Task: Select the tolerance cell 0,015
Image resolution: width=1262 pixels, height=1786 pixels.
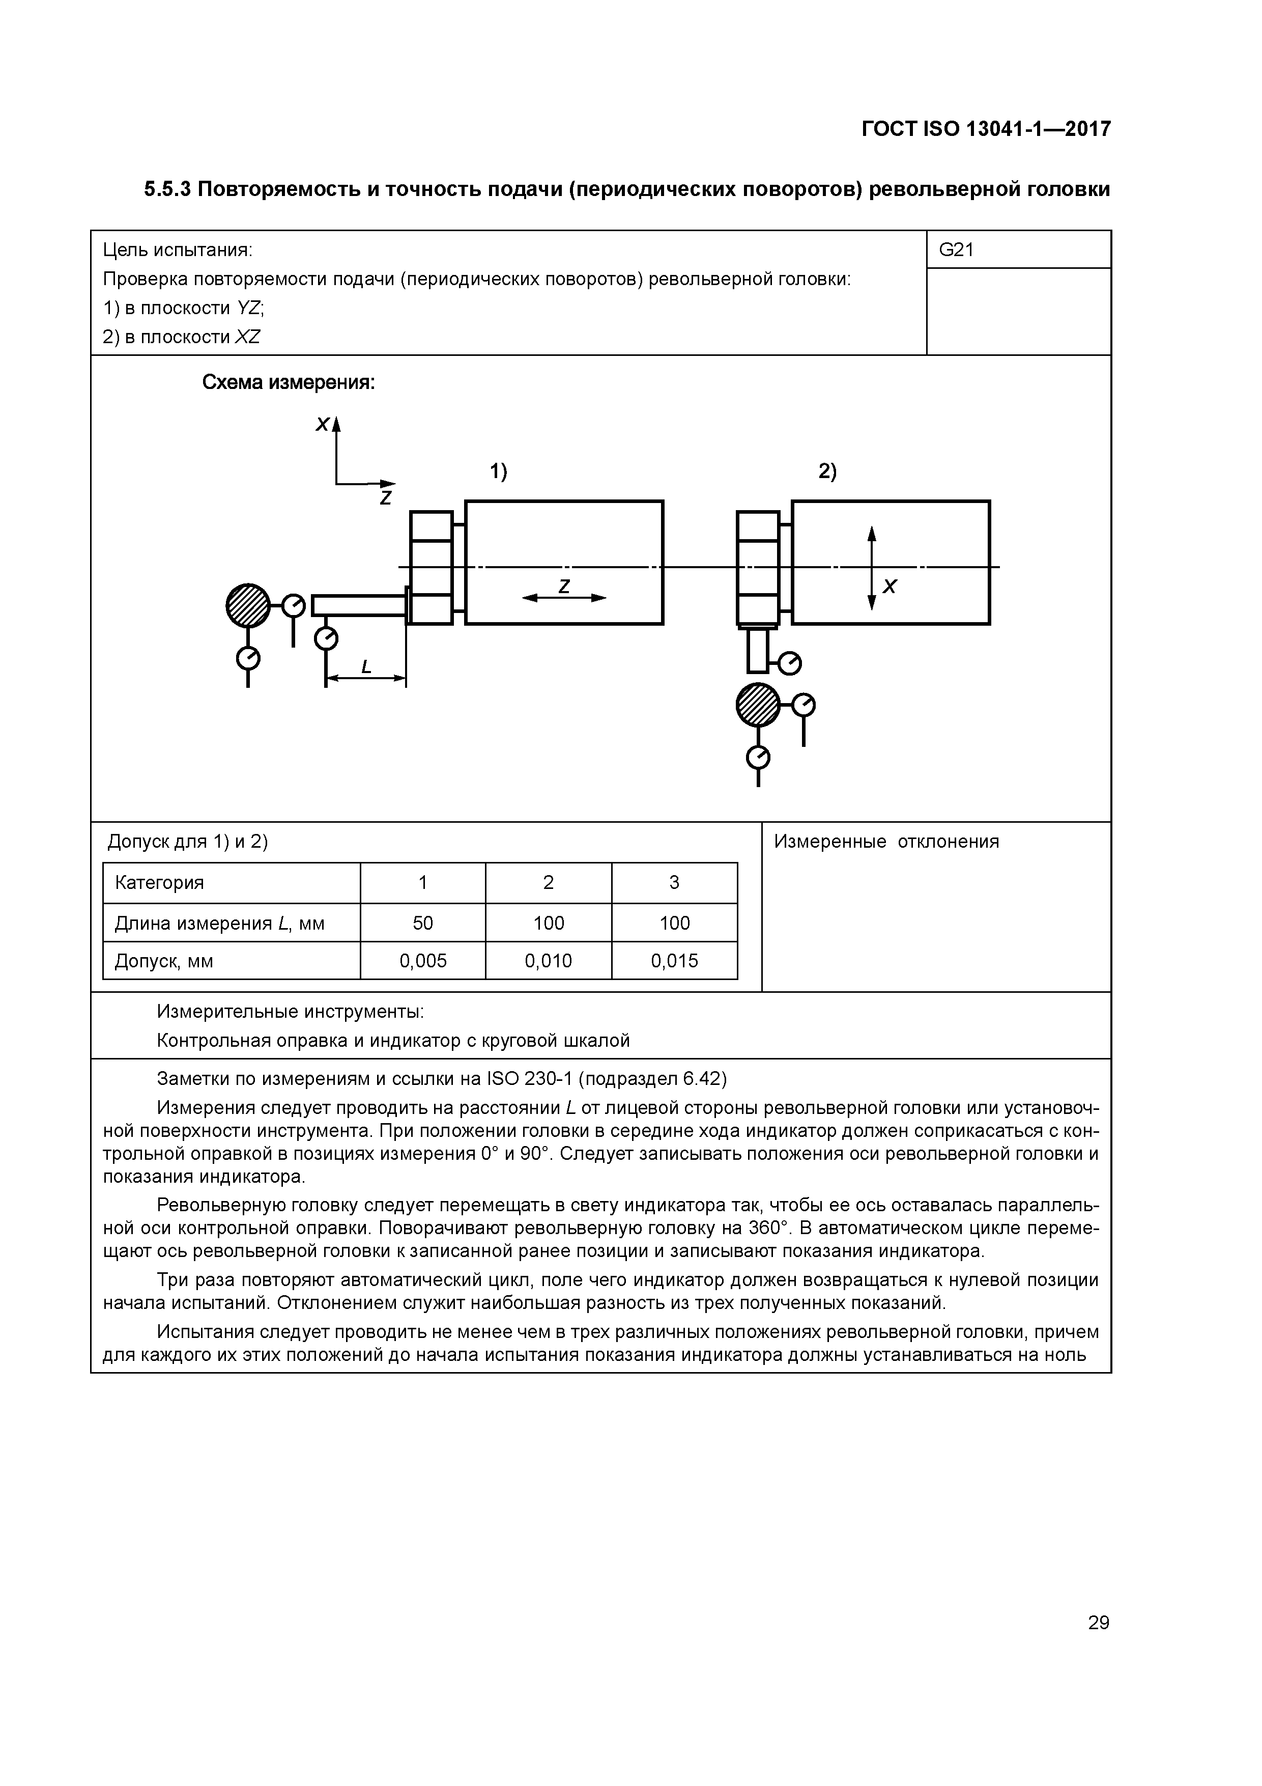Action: pyautogui.click(x=674, y=961)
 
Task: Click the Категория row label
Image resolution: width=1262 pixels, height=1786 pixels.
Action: pyautogui.click(x=159, y=883)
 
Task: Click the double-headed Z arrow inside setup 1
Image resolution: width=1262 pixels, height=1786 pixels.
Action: pyautogui.click(x=564, y=597)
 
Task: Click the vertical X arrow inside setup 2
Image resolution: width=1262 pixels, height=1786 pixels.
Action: pyautogui.click(x=872, y=568)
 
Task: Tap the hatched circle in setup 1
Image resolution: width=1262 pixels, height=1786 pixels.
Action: pyautogui.click(x=248, y=605)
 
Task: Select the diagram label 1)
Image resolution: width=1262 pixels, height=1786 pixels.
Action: pyautogui.click(x=498, y=471)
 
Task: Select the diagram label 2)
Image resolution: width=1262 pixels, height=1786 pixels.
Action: pyautogui.click(x=827, y=471)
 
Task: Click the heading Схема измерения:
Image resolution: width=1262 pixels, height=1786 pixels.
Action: pyautogui.click(x=289, y=383)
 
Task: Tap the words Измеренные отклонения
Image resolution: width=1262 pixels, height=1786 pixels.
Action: pyautogui.click(x=886, y=842)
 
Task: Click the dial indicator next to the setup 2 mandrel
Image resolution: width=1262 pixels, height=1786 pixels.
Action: pyautogui.click(x=789, y=663)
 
